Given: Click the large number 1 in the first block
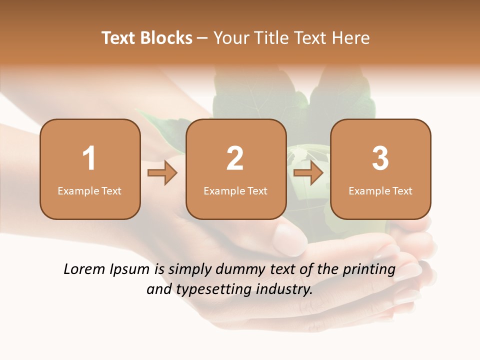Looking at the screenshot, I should point(89,158).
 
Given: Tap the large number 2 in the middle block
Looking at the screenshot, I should point(235,158).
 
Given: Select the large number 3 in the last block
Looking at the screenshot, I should point(380,158).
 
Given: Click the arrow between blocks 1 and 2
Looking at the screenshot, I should point(162,173).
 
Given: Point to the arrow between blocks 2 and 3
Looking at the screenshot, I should point(308,173).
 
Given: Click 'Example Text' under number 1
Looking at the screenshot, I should point(89,191).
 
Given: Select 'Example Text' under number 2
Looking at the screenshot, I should point(235,191).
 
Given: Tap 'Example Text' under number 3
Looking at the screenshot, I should point(380,191).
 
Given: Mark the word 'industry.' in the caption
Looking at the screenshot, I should point(285,289).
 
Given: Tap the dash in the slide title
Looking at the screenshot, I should point(202,38).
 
